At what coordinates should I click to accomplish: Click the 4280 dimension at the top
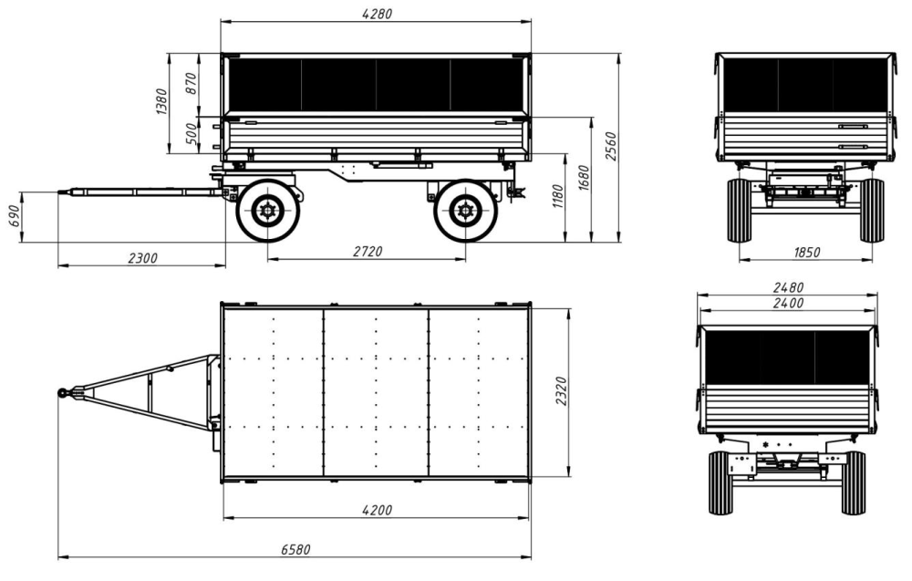coord(377,14)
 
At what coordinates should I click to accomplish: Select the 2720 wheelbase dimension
coord(368,251)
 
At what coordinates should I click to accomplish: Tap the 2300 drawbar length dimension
coord(142,257)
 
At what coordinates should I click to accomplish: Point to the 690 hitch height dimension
coord(14,216)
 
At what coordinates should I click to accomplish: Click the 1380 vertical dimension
coord(161,101)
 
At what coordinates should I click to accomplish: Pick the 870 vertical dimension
coord(192,84)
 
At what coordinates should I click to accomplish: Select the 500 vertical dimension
coord(192,134)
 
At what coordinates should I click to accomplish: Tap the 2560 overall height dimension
coord(610,146)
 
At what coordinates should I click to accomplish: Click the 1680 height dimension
coord(584,178)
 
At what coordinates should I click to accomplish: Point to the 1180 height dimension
coord(558,197)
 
